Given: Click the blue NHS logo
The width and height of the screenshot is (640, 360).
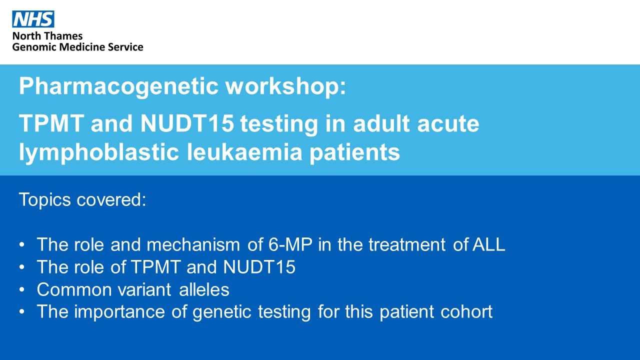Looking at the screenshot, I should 33,19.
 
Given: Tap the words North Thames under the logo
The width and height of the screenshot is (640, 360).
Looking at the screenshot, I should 47,36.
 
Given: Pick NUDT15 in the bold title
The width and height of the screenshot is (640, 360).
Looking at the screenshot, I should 187,124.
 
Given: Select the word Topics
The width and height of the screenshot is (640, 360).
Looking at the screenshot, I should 45,200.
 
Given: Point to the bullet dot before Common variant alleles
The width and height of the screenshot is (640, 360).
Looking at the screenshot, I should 22,290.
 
